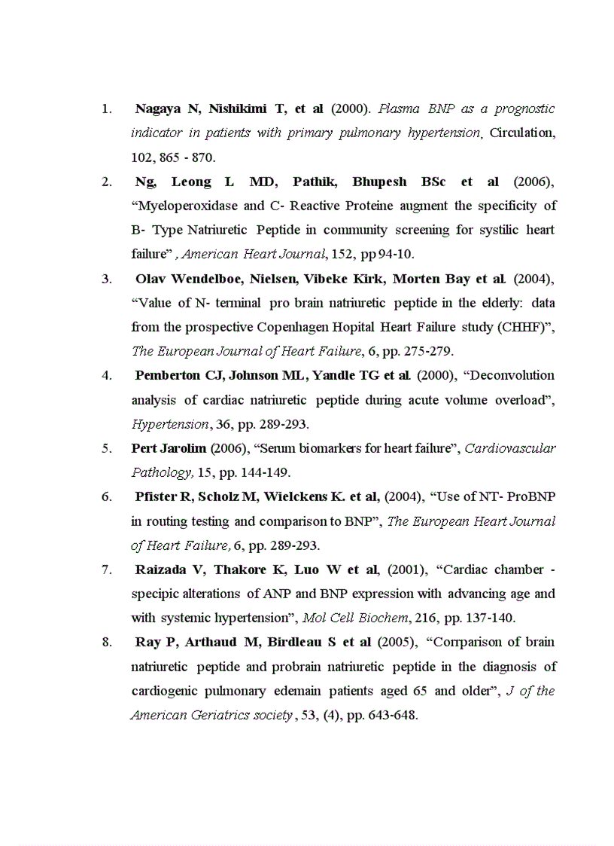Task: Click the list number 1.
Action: pyautogui.click(x=106, y=109)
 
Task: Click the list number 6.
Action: pyautogui.click(x=106, y=496)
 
